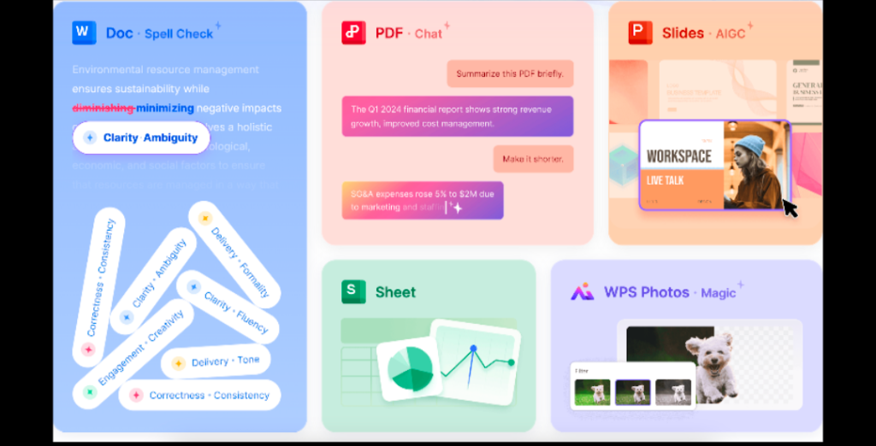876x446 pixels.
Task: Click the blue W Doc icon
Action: (84, 32)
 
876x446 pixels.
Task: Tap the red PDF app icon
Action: (353, 32)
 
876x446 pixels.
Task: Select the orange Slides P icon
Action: (640, 32)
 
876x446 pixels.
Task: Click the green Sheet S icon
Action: (353, 291)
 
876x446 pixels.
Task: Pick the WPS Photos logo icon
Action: (582, 292)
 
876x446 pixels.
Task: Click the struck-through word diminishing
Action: (103, 109)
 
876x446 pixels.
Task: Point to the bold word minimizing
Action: (165, 109)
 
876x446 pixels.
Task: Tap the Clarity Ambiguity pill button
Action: (141, 138)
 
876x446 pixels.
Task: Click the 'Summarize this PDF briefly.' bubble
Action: (510, 73)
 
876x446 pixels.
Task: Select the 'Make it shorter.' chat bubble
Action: (533, 159)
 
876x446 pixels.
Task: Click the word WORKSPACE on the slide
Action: (679, 156)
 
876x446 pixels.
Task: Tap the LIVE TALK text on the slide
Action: (666, 181)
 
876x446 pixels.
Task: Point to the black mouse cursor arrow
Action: (790, 208)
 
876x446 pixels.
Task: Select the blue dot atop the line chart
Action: (472, 349)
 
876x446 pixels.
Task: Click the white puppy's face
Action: (708, 352)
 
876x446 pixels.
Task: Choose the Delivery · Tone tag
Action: (216, 362)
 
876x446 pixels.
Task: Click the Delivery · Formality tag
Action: (234, 254)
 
